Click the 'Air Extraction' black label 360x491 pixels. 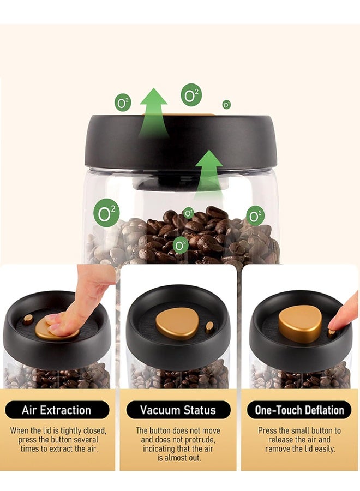[x=57, y=410]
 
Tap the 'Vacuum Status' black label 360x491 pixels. [x=178, y=410]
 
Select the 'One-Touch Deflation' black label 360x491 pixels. [x=299, y=410]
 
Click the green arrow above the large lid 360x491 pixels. [x=153, y=112]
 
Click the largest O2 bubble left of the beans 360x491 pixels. [x=106, y=213]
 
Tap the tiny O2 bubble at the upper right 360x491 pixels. [x=226, y=104]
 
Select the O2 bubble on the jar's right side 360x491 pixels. [x=255, y=215]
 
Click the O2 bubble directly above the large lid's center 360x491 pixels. [x=191, y=94]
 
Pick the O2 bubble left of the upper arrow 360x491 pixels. [x=123, y=102]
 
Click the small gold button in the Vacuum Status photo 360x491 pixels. [x=209, y=327]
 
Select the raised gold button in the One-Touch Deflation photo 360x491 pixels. [x=300, y=323]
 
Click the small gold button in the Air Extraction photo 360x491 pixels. [x=27, y=319]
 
